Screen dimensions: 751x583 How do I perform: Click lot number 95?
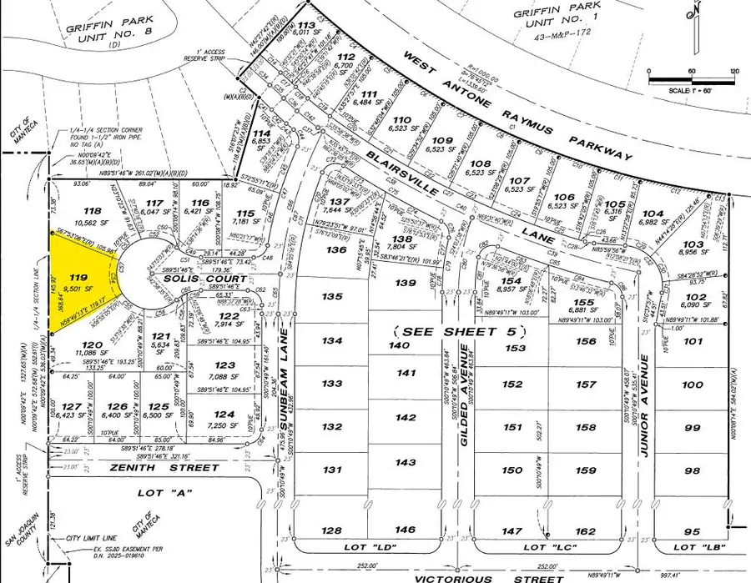[691, 530]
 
